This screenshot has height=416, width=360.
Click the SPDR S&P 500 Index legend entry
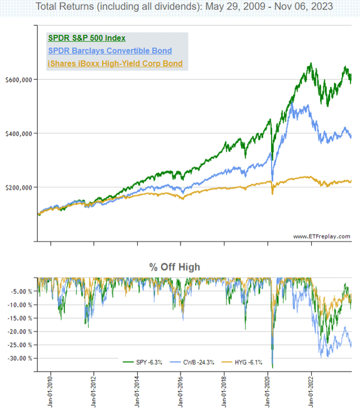point(86,38)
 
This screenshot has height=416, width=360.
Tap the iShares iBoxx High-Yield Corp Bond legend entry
point(115,64)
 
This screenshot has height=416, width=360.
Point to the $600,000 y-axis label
point(19,80)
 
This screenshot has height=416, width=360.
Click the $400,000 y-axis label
point(19,133)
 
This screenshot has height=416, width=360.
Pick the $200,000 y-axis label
point(19,187)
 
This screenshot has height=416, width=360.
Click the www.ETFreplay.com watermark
point(321,236)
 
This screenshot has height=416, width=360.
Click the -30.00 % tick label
point(20,358)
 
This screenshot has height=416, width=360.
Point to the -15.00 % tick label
point(20,318)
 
